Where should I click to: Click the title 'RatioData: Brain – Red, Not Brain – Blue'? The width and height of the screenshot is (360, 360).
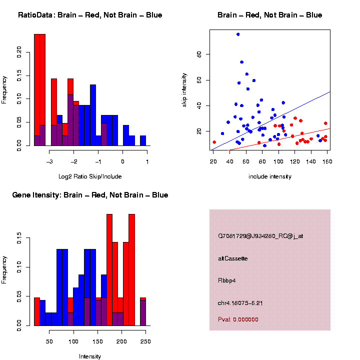[x=90, y=15]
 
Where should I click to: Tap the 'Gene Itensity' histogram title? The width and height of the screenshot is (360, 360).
[x=90, y=195]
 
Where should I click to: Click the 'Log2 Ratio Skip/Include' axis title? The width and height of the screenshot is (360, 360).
[x=90, y=176]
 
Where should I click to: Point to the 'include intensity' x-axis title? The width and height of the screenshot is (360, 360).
[x=270, y=176]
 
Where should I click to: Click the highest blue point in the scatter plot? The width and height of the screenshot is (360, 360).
[x=238, y=34]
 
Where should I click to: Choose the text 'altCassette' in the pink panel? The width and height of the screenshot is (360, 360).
[x=233, y=258]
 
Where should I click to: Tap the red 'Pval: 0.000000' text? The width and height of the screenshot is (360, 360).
[x=238, y=319]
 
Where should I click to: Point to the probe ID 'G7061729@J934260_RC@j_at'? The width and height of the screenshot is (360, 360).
[x=260, y=236]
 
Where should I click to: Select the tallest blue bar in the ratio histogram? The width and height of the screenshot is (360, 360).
[x=93, y=115]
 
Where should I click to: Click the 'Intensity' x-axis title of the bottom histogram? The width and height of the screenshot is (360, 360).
[x=90, y=356]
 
